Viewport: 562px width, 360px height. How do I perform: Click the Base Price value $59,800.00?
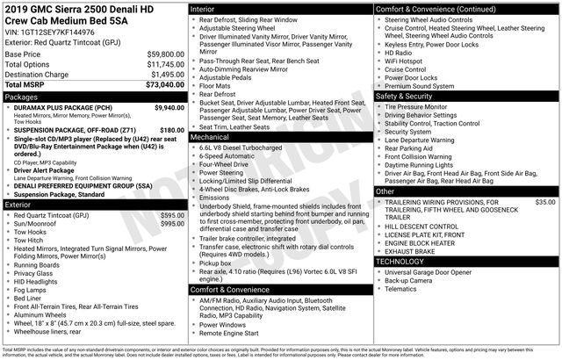(161, 54)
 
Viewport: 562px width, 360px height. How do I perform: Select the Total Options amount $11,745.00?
(161, 64)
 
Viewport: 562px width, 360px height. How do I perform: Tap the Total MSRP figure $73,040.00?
(161, 85)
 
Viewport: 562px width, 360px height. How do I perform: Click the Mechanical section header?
(210, 137)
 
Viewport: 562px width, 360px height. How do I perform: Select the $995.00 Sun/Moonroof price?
(172, 224)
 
